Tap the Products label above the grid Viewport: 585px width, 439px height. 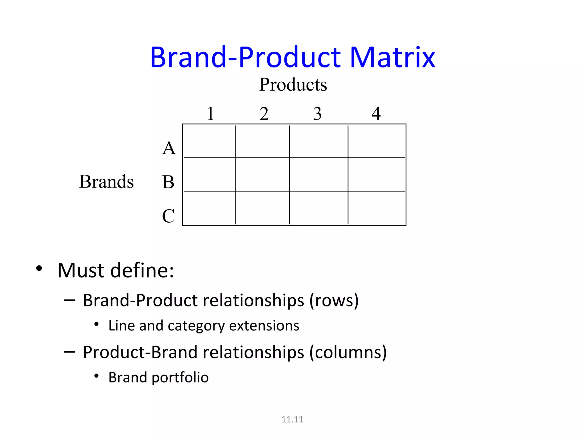tap(293, 85)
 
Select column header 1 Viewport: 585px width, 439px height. tap(211, 113)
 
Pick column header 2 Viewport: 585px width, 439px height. tap(264, 113)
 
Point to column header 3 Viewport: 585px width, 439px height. tap(317, 113)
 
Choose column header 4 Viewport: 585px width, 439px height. tap(376, 113)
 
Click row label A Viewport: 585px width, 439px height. tap(169, 148)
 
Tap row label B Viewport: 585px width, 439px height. tap(168, 182)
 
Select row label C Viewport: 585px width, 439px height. tap(168, 216)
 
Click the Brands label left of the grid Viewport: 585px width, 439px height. tap(106, 181)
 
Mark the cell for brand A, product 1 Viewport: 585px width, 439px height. tap(209, 141)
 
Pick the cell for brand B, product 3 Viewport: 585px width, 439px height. tap(318, 175)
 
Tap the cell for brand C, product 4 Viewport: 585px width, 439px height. tap(376, 208)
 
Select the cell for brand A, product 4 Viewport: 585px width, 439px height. tap(376, 141)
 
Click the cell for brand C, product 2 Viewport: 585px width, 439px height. tap(263, 208)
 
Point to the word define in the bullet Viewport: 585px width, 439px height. tap(142, 270)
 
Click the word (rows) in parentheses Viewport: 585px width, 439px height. tap(334, 301)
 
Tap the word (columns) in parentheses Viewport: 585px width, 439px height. tap(348, 352)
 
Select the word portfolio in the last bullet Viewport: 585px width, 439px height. tap(180, 378)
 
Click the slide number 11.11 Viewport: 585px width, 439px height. tap(292, 419)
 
